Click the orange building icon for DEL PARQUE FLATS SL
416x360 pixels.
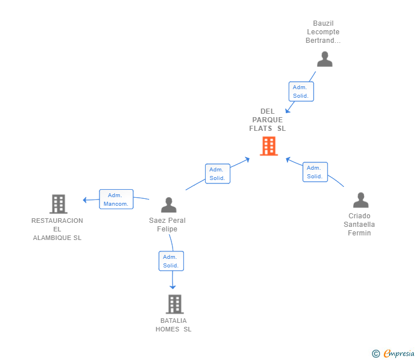[x=268, y=146]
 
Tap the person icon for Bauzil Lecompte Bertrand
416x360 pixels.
[x=325, y=59]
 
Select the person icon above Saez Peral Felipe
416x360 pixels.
[x=169, y=205]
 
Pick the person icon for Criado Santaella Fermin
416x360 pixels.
[x=361, y=200]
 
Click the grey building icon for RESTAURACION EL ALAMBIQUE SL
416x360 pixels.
[x=58, y=203]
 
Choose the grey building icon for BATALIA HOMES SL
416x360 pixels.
[x=175, y=304]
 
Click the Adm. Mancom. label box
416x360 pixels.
[x=116, y=199]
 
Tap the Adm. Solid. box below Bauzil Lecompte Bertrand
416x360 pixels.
[x=301, y=91]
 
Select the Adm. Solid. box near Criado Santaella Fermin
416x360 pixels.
[x=315, y=172]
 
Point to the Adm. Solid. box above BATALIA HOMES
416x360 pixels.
[x=171, y=261]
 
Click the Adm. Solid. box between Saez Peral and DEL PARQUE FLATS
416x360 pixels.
[x=217, y=174]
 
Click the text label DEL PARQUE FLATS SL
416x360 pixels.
[x=267, y=120]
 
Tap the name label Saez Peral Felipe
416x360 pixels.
[x=167, y=225]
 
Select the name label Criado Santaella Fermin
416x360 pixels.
[x=359, y=225]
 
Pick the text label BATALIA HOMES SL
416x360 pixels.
[x=174, y=325]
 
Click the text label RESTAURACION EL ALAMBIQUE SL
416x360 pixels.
[x=57, y=229]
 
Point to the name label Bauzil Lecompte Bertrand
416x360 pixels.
[x=323, y=32]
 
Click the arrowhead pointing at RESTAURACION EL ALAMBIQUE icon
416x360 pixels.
[x=85, y=200]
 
